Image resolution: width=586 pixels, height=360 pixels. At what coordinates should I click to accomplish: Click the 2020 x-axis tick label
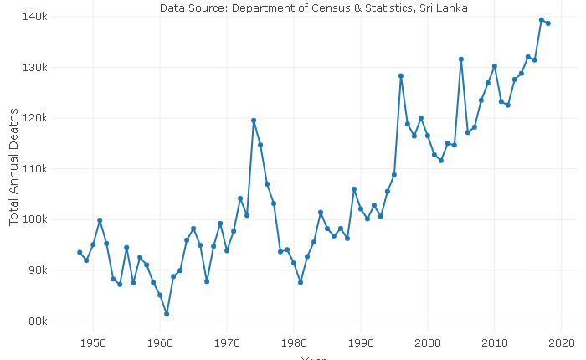[x=562, y=342]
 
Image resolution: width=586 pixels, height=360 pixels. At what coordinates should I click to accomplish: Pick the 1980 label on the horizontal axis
[x=294, y=342]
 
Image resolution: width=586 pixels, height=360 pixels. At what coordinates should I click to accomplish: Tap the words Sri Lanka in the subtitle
[x=440, y=8]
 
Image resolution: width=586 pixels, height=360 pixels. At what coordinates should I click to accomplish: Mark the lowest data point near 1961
[x=167, y=314]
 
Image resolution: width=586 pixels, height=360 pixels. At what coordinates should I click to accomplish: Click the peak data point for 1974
[x=254, y=121]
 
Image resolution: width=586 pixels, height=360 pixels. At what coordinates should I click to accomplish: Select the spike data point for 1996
[x=401, y=76]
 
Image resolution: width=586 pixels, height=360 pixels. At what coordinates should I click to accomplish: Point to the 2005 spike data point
[x=461, y=59]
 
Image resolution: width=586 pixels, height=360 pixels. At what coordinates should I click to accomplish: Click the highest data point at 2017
[x=542, y=20]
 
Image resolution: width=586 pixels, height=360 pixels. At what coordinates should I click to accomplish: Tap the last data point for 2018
[x=548, y=23]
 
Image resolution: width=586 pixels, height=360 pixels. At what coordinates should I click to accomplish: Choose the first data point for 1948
[x=80, y=253]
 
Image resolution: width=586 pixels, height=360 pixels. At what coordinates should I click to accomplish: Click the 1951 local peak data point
[x=100, y=220]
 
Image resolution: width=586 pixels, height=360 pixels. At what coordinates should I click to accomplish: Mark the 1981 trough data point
[x=301, y=282]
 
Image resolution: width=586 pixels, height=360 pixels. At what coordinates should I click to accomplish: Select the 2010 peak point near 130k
[x=495, y=66]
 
